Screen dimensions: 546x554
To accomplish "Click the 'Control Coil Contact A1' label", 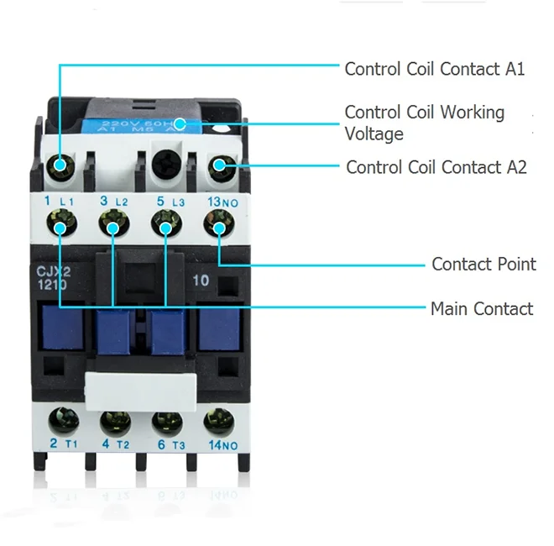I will (435, 69).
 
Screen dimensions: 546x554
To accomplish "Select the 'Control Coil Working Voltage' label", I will (425, 123).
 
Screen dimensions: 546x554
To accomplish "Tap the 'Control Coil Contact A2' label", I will (436, 167).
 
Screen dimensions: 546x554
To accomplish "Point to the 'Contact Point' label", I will (483, 264).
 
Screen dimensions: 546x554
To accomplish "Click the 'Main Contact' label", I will (482, 309).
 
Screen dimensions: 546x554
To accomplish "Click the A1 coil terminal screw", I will (60, 165).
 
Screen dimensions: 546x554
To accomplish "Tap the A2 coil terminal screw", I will (220, 165).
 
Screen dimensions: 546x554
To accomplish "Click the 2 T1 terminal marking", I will (62, 444).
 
